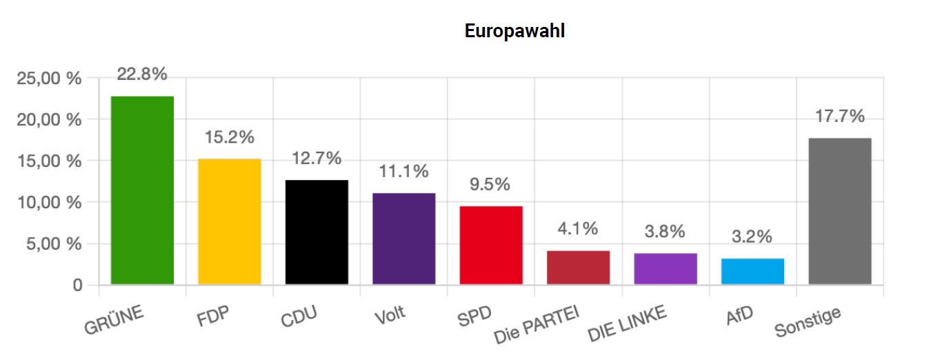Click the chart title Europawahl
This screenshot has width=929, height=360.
(x=515, y=31)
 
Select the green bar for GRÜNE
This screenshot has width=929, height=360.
(x=142, y=190)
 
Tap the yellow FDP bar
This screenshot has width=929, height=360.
(x=230, y=221)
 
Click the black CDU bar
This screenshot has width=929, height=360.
(x=317, y=232)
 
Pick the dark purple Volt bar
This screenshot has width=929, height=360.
(x=404, y=239)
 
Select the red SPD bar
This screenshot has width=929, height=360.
(x=491, y=245)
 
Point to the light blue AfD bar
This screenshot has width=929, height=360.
(x=752, y=271)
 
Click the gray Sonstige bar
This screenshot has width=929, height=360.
(x=839, y=211)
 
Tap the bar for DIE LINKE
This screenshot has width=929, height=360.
(x=666, y=269)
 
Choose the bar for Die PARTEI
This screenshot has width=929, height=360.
(x=578, y=268)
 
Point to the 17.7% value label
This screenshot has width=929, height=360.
(x=839, y=117)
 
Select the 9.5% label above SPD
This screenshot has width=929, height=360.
(x=491, y=185)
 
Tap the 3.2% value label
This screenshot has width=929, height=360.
(x=752, y=237)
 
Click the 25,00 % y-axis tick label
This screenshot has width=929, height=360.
(x=49, y=79)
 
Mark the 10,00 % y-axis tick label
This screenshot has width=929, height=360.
(x=49, y=203)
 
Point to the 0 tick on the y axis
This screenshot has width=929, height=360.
(x=77, y=286)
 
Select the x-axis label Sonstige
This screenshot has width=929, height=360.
(x=808, y=322)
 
